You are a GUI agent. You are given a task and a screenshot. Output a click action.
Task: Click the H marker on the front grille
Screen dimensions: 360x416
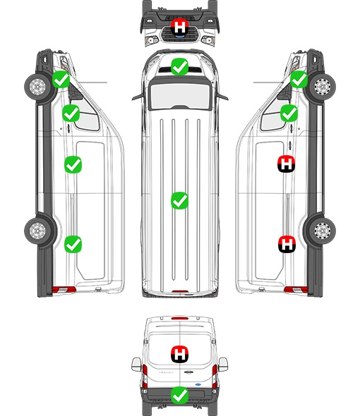coord(180,27)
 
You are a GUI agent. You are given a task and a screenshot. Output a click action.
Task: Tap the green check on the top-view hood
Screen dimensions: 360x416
coord(180,66)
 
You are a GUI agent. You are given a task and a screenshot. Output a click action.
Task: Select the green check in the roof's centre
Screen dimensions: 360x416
coord(180,200)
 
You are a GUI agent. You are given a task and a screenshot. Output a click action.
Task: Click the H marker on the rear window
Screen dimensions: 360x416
coord(180,354)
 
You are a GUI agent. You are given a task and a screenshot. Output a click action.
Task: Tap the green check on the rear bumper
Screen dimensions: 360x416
coord(180,395)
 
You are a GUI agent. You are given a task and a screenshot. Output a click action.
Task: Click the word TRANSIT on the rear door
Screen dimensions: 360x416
coord(166,373)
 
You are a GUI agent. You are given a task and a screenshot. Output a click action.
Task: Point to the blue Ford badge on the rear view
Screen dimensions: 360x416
coord(198,384)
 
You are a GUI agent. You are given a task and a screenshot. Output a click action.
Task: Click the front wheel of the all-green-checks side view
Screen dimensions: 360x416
coord(37,87)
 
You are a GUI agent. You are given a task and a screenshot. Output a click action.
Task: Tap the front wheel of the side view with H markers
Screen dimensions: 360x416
coord(323,87)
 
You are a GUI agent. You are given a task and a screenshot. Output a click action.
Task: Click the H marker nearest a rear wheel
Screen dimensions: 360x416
coord(287,244)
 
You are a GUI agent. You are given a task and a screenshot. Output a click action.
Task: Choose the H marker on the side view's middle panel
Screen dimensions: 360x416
coord(287,164)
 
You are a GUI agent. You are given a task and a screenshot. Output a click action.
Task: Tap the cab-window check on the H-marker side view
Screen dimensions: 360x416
coord(289,114)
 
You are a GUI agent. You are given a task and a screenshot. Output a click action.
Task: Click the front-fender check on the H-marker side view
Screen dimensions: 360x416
coord(299,80)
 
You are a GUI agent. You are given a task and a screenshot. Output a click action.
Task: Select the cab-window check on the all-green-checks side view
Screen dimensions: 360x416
coord(71,114)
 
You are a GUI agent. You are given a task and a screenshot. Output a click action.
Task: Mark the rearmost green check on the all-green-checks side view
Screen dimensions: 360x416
coord(73,244)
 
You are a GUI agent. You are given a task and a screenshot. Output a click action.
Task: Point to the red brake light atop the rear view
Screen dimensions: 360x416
coord(180,318)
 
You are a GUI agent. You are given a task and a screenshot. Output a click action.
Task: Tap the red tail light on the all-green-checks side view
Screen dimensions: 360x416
coord(64,290)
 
